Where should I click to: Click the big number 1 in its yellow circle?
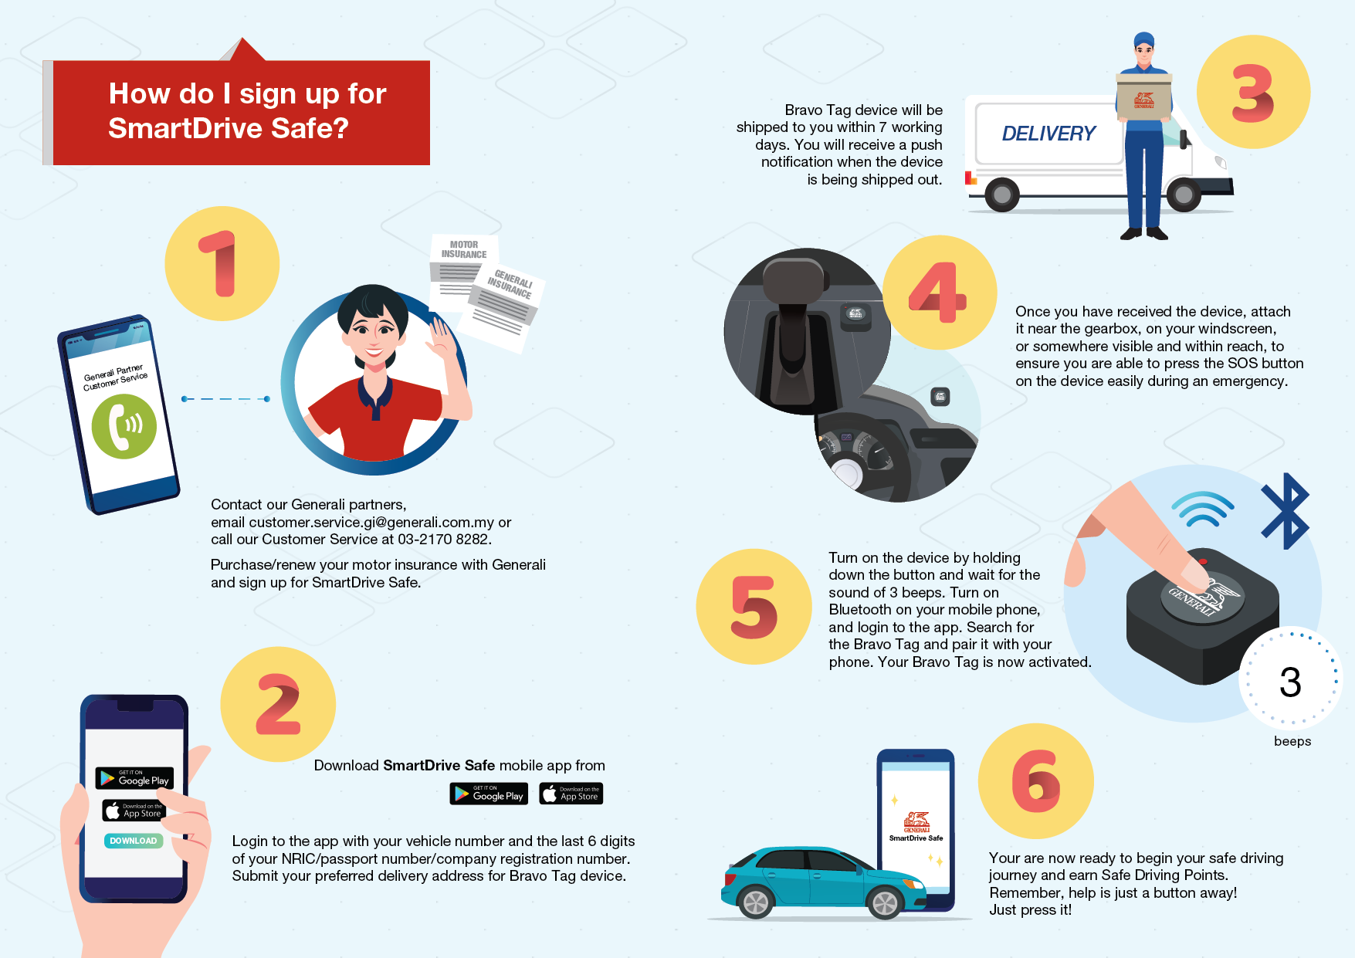[220, 264]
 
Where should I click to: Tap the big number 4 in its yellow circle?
[937, 293]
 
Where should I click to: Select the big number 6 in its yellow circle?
[1035, 781]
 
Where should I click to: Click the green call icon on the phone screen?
[124, 426]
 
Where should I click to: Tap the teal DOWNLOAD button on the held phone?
[134, 841]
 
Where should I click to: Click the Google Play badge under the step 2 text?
[489, 794]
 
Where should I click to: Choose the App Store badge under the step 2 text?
[571, 794]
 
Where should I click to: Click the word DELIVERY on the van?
[1048, 134]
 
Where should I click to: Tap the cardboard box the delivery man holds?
[1143, 97]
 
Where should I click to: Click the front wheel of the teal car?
[884, 902]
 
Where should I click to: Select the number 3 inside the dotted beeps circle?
[1290, 682]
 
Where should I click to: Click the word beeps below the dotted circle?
[1292, 741]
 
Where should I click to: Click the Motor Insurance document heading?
[464, 249]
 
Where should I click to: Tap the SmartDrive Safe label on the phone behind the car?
[916, 838]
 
